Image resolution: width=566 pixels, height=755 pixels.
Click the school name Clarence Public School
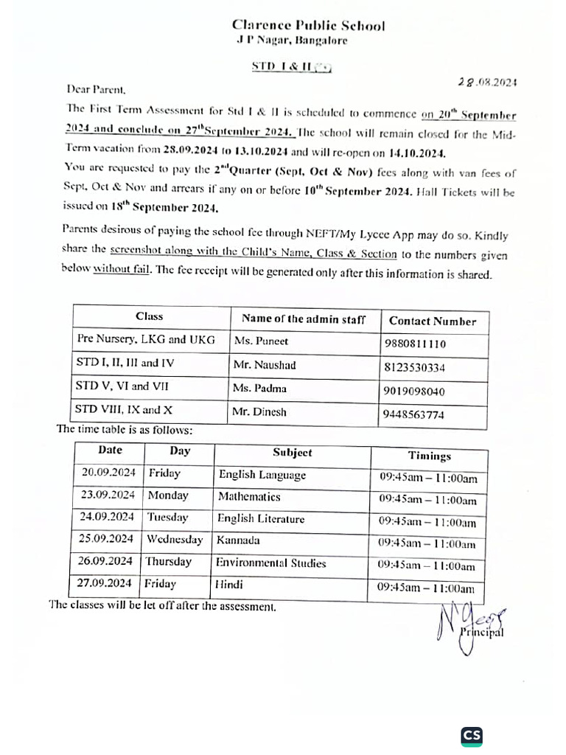[308, 26]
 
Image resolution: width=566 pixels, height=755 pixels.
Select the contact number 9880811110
[415, 344]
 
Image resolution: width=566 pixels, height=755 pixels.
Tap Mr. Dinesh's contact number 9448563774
[413, 414]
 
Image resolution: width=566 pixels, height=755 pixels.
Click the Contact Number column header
[433, 321]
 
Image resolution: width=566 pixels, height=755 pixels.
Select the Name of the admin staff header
[303, 319]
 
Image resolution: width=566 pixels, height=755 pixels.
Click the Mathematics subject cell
[249, 497]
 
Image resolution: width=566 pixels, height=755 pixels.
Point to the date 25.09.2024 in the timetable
[107, 539]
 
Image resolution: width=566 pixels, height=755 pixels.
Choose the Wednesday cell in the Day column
[174, 540]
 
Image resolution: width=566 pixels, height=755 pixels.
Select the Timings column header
[430, 456]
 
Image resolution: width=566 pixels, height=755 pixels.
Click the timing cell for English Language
[428, 478]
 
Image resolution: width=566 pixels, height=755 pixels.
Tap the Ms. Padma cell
[259, 389]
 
